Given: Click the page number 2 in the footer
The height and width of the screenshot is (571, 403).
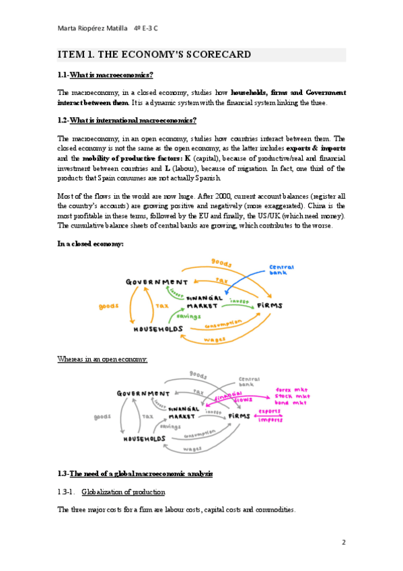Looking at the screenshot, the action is pos(343,542).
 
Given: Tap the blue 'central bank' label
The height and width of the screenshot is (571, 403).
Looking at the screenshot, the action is pos(281,270).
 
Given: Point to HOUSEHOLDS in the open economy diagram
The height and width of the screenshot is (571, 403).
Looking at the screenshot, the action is pos(145,439).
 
